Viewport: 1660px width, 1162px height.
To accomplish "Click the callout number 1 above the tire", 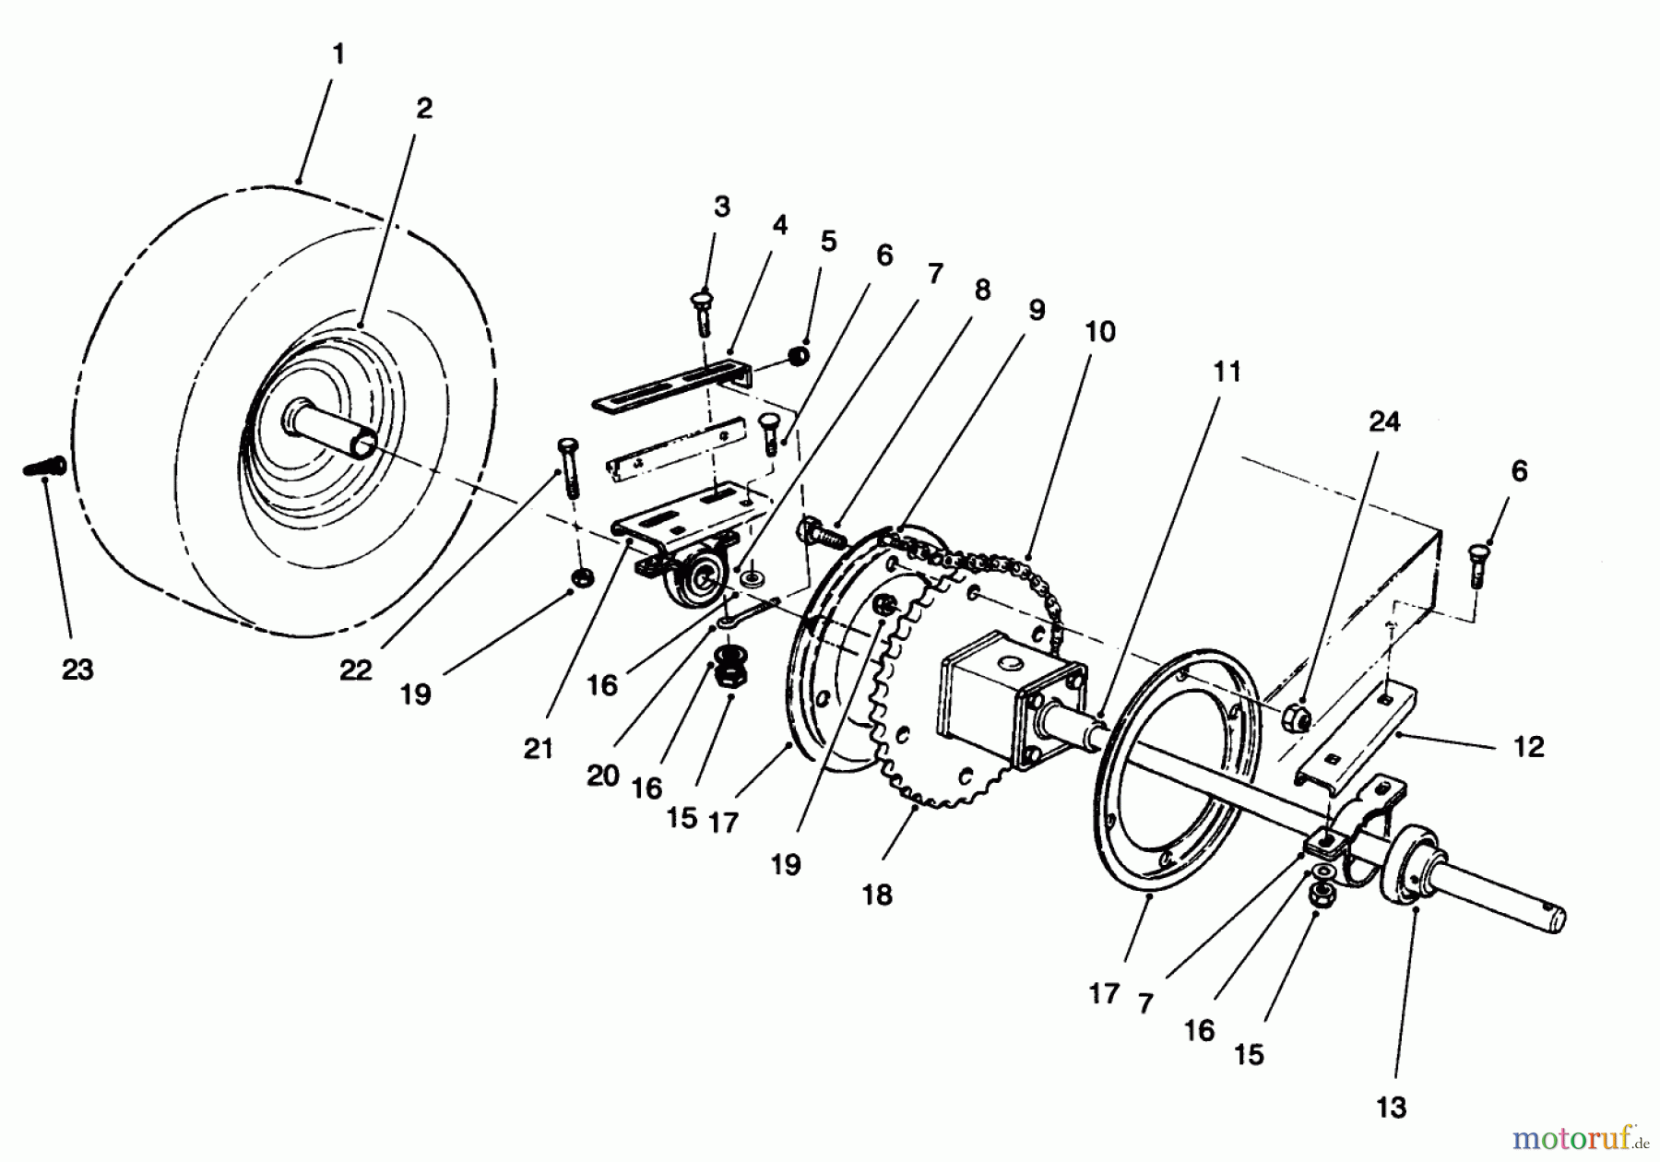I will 338,54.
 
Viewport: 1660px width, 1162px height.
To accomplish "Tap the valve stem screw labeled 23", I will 43,468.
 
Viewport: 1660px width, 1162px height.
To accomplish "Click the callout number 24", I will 1384,421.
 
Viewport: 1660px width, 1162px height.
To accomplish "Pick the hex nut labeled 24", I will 1296,718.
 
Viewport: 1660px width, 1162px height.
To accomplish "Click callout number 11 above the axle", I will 1227,372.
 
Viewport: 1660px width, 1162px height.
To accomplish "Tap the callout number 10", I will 1099,331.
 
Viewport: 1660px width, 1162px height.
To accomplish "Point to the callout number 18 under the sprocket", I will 877,894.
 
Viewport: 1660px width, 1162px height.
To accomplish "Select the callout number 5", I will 828,241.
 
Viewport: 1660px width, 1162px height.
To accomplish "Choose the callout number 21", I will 538,748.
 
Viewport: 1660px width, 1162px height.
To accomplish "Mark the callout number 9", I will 1037,311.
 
